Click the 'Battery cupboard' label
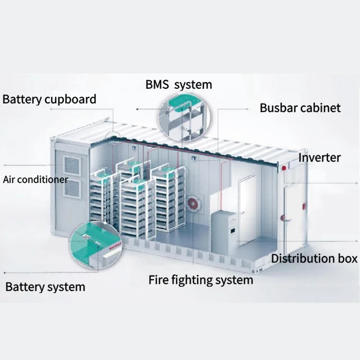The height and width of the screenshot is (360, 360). click(49, 100)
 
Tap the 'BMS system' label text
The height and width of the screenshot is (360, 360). click(178, 85)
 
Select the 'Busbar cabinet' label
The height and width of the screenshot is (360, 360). click(300, 107)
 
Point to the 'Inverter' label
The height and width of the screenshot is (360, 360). click(319, 157)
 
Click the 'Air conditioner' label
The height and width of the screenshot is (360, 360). click(35, 180)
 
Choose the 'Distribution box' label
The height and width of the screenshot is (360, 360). click(314, 259)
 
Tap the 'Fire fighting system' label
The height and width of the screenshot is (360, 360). click(201, 280)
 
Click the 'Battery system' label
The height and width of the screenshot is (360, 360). click(45, 287)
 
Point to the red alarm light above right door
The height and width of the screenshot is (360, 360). click(285, 167)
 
